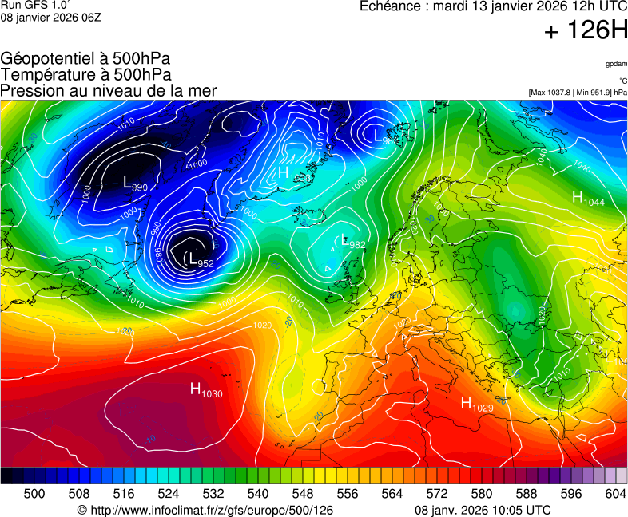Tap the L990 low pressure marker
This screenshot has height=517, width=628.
[135, 184]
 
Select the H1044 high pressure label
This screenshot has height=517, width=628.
[587, 199]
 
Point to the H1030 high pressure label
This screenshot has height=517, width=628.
[205, 390]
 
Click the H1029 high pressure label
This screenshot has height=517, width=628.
[476, 405]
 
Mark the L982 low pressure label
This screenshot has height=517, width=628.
[352, 241]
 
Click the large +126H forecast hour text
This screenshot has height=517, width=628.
[586, 31]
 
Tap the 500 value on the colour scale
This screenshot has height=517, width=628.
[34, 494]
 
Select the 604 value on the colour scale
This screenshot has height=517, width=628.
[615, 494]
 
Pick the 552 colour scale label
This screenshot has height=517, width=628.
[325, 494]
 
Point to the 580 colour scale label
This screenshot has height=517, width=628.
[481, 494]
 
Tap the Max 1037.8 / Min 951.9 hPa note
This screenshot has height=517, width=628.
[578, 93]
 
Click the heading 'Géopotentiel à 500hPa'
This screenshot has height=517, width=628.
[85, 59]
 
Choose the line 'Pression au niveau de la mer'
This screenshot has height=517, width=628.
[109, 90]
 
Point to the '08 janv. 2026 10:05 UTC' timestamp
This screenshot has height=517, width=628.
[483, 510]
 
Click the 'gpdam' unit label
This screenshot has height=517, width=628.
[615, 64]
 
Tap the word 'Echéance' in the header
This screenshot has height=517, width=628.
[389, 6]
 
